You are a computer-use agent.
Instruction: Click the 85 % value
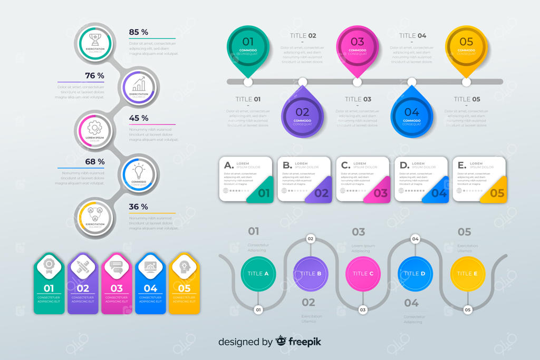139,32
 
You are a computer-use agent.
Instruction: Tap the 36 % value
139,207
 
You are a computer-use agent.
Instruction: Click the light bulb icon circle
139,173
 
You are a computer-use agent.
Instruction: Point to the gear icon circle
95,130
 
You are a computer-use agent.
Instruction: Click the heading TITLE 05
467,99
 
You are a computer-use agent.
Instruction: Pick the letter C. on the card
345,165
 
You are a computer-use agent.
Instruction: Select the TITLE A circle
258,274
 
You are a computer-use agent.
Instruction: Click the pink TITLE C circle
363,274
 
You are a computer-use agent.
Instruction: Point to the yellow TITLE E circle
468,274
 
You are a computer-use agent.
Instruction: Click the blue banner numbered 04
150,285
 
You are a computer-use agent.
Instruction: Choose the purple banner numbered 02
83,285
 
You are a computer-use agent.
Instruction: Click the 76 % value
94,75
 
